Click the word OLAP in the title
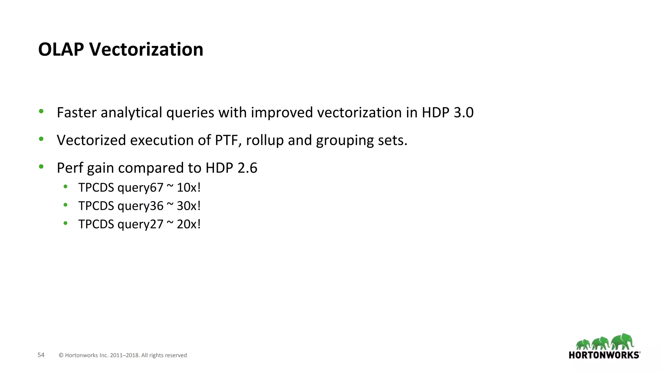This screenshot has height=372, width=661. (61, 49)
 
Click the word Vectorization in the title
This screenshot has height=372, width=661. (146, 49)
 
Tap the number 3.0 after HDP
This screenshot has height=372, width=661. (463, 112)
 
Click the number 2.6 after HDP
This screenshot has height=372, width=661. (247, 168)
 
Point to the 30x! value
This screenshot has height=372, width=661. (189, 206)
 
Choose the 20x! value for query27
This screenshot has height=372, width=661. (189, 224)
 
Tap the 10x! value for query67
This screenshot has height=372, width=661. (189, 187)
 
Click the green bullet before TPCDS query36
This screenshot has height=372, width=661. (66, 205)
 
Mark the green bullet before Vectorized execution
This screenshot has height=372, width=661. (41, 139)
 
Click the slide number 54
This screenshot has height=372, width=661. (41, 355)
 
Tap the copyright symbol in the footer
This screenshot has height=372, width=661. (61, 355)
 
